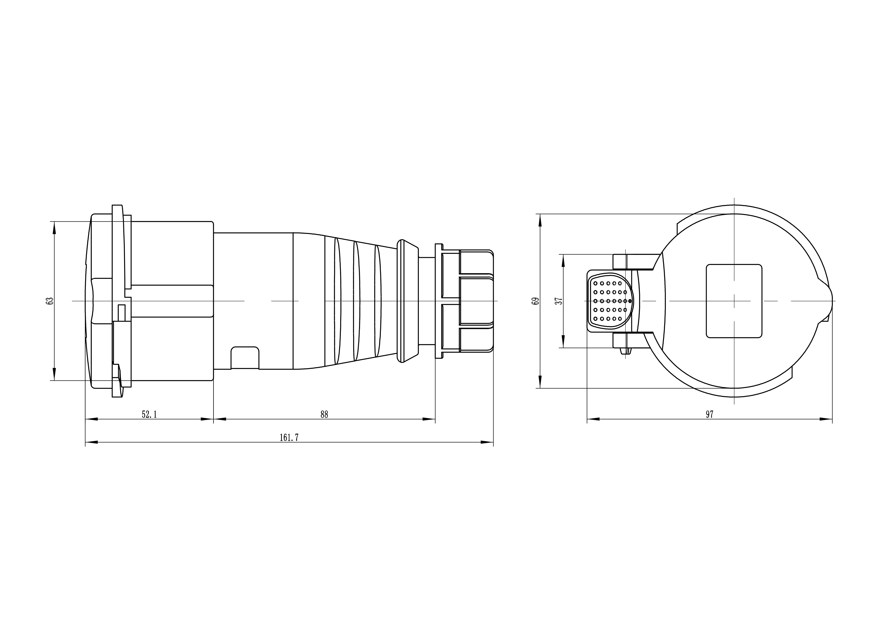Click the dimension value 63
point(49,301)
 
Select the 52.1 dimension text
point(149,414)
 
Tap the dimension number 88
point(324,414)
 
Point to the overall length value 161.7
point(289,437)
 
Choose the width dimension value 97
point(710,414)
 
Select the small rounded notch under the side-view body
point(245,358)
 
